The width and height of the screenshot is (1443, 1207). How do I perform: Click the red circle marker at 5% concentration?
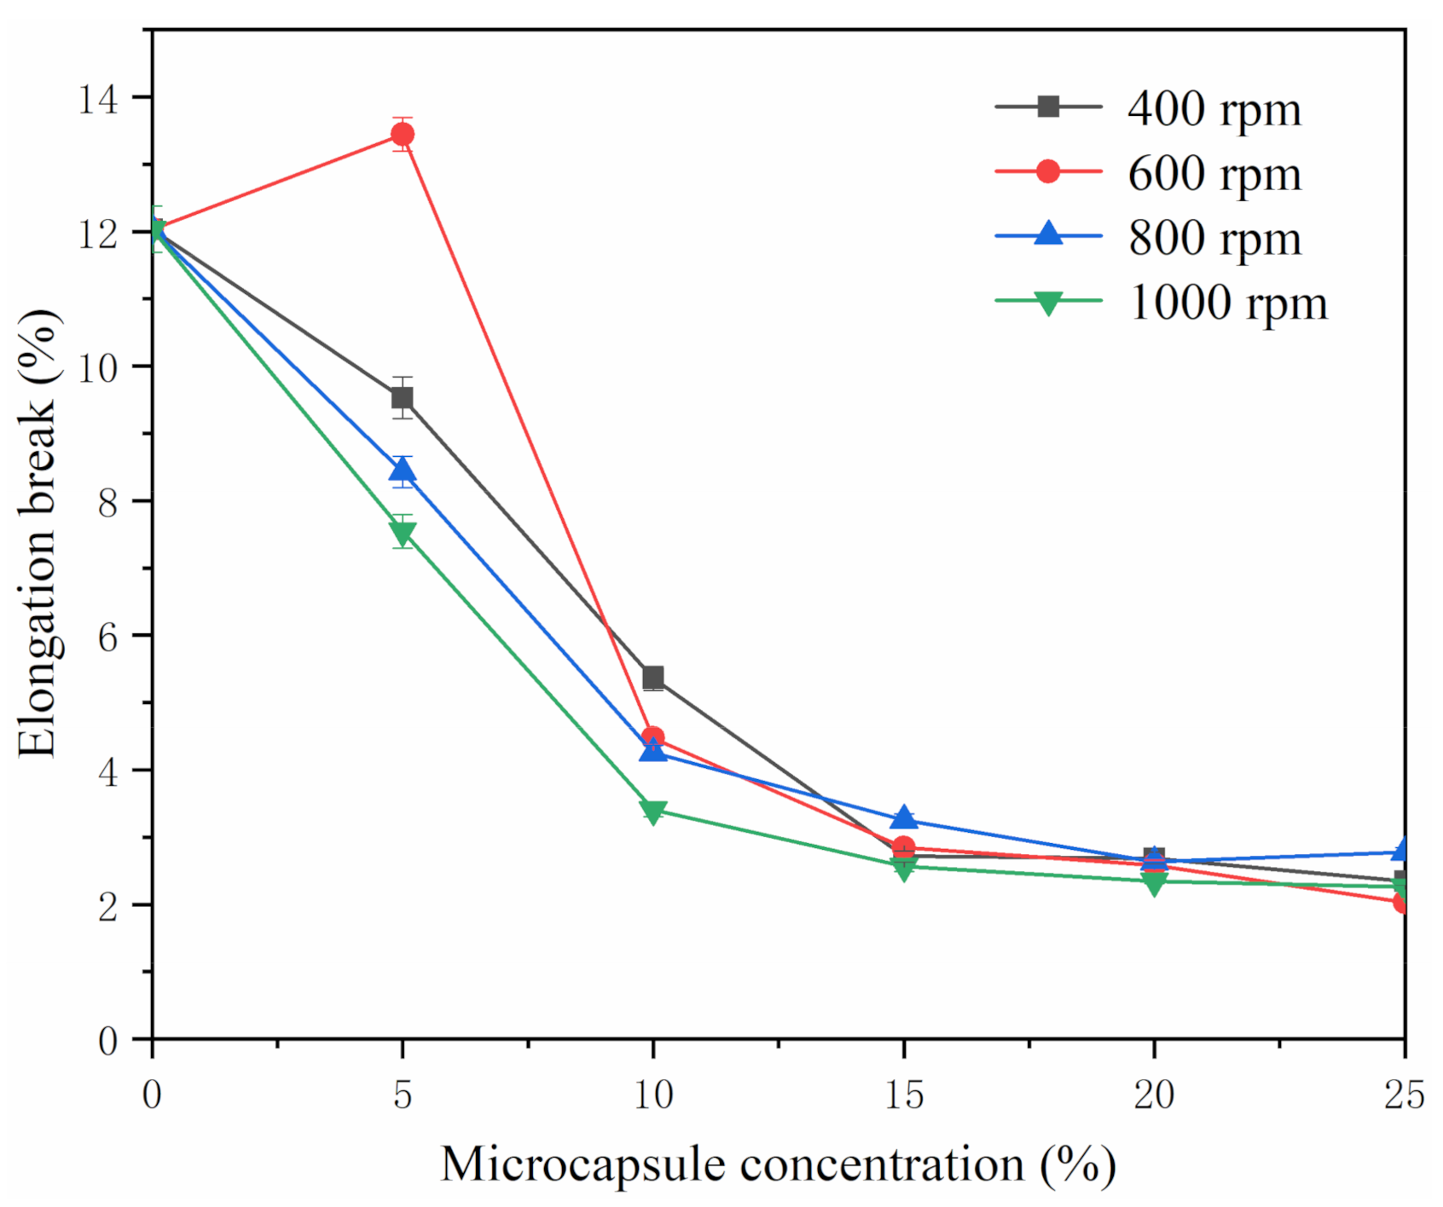click(x=403, y=134)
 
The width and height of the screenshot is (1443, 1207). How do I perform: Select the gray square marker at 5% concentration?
click(x=403, y=398)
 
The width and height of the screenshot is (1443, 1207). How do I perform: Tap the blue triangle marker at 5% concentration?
click(x=403, y=471)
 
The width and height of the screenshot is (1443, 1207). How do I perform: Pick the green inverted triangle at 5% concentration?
click(x=403, y=533)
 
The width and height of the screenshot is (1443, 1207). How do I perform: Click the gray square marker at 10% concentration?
click(x=653, y=678)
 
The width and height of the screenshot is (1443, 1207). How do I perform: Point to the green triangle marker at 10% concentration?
click(x=653, y=811)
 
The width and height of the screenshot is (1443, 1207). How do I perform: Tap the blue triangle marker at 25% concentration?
click(x=1401, y=850)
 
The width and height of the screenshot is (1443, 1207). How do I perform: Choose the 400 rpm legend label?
click(x=1214, y=109)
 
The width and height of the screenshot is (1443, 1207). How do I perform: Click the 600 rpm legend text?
click(x=1214, y=174)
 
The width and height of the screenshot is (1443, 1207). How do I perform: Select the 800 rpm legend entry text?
click(x=1214, y=239)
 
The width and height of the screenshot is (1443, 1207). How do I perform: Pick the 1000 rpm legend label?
click(x=1228, y=303)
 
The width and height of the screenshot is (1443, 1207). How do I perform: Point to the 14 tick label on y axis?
click(x=98, y=100)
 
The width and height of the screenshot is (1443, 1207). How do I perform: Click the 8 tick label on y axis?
click(x=107, y=503)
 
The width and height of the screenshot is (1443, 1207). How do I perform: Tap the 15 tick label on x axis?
click(x=904, y=1094)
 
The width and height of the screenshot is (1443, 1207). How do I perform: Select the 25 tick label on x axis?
click(x=1404, y=1094)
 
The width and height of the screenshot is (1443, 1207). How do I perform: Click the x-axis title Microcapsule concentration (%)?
click(x=778, y=1165)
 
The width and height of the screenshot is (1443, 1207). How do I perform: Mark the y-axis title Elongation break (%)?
click(x=38, y=533)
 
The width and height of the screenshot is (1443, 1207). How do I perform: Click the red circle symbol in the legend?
click(x=1048, y=171)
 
